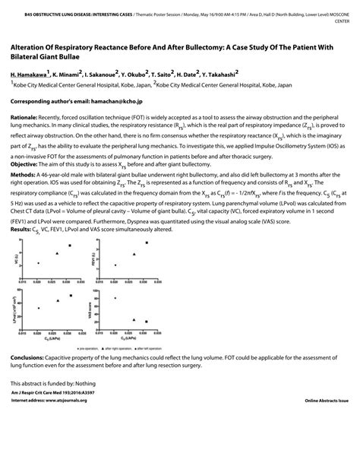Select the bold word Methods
[x=26, y=195]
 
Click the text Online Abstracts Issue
[x=327, y=400]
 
